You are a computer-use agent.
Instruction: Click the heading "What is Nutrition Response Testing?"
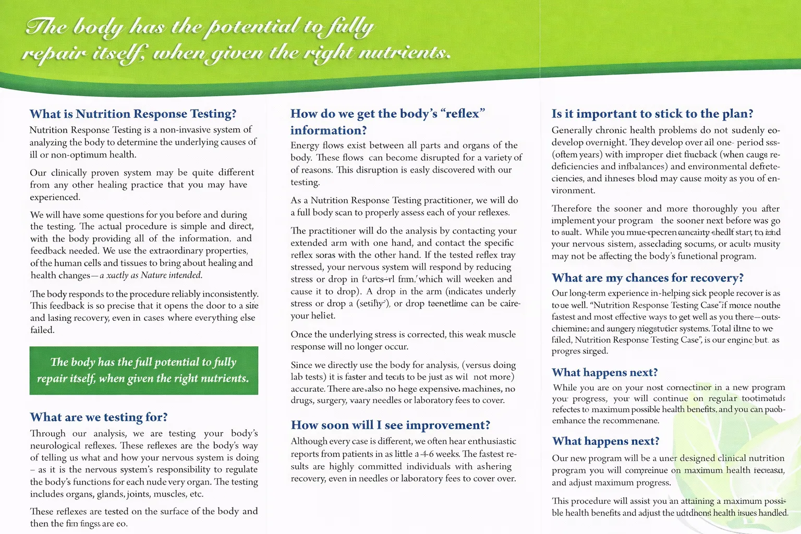pyautogui.click(x=133, y=114)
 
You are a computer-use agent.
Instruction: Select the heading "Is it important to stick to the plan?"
pyautogui.click(x=652, y=114)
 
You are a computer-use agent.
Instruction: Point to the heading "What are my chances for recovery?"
pyautogui.click(x=648, y=277)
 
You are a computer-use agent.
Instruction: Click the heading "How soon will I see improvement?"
pyautogui.click(x=391, y=425)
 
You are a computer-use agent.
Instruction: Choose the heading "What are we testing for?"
pyautogui.click(x=99, y=417)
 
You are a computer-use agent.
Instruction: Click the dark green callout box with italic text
pyautogui.click(x=143, y=370)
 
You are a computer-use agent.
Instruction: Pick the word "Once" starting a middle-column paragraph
pyautogui.click(x=301, y=334)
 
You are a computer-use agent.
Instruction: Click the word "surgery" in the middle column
pyautogui.click(x=332, y=400)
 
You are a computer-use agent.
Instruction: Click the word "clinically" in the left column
pyautogui.click(x=68, y=172)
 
